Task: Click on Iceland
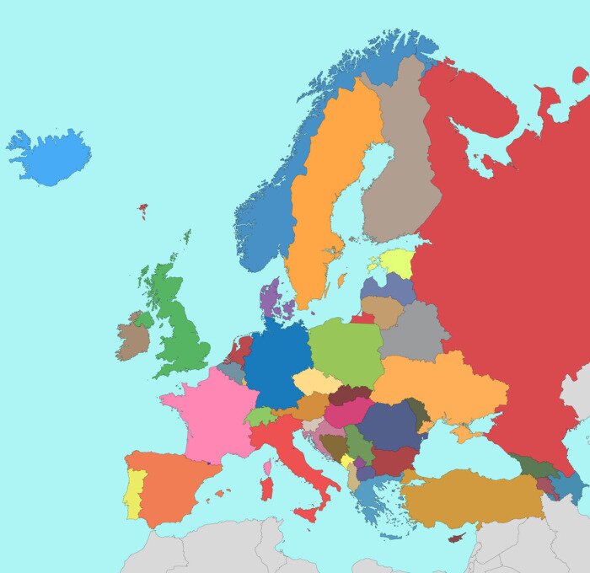[52, 158]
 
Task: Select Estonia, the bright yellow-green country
[396, 261]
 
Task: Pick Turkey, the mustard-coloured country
[472, 497]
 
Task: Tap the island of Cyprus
[457, 537]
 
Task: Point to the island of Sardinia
[266, 487]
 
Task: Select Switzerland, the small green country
[260, 416]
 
